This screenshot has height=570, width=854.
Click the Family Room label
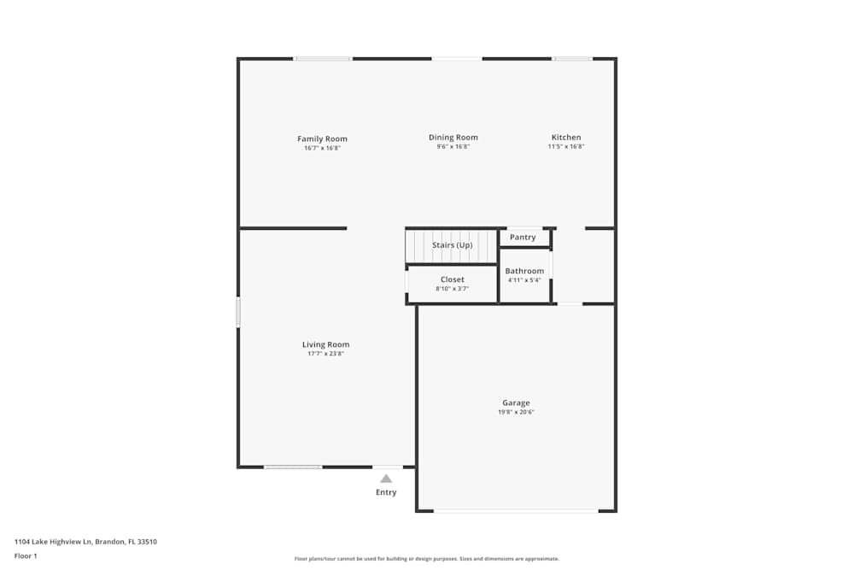pyautogui.click(x=322, y=139)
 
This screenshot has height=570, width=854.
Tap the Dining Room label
pyautogui.click(x=453, y=138)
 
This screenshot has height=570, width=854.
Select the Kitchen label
pyautogui.click(x=566, y=138)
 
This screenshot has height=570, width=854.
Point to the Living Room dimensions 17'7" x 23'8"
pyautogui.click(x=325, y=354)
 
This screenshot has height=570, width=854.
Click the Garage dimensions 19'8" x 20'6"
pyautogui.click(x=516, y=412)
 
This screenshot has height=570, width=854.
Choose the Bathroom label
pyautogui.click(x=524, y=271)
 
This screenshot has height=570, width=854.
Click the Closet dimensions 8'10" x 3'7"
pyautogui.click(x=452, y=289)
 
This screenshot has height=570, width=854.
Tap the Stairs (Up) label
pyautogui.click(x=452, y=245)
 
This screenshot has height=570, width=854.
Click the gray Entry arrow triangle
pyautogui.click(x=386, y=479)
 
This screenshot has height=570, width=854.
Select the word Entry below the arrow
pyautogui.click(x=386, y=492)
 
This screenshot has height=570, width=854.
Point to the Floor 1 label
pyautogui.click(x=26, y=555)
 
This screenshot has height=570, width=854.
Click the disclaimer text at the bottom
pyautogui.click(x=426, y=559)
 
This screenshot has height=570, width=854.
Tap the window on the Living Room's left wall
pyautogui.click(x=238, y=312)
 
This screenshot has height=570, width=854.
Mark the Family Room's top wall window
pyautogui.click(x=323, y=58)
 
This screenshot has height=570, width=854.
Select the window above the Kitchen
pyautogui.click(x=572, y=58)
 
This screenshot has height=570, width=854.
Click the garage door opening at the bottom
pyautogui.click(x=516, y=511)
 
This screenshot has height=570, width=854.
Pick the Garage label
pyautogui.click(x=516, y=403)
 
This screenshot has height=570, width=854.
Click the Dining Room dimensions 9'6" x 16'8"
pyautogui.click(x=453, y=147)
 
